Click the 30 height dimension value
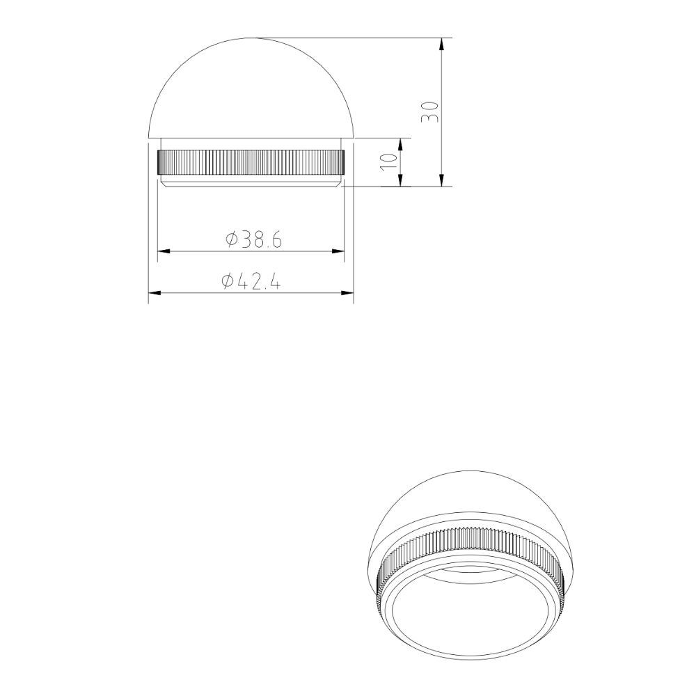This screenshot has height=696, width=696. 431,111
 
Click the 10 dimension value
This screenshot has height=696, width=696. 390,161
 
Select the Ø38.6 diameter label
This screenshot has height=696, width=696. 253,240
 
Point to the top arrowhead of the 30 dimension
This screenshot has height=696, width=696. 441,44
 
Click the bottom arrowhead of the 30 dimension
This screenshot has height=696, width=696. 441,180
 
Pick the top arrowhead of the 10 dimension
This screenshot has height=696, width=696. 401,143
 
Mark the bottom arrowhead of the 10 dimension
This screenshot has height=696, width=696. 401,180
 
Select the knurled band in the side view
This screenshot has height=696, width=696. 251,162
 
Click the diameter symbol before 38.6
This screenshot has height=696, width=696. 232,240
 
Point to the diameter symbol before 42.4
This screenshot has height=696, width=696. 227,282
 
